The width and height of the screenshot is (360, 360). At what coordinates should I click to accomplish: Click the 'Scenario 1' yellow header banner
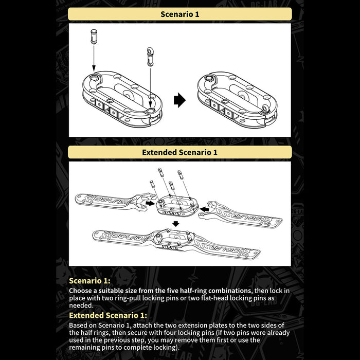pyautogui.click(x=179, y=14)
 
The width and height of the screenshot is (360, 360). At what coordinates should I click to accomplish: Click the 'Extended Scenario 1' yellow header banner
pyautogui.click(x=179, y=152)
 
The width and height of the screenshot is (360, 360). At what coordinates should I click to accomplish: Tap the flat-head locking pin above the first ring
pyautogui.click(x=94, y=37)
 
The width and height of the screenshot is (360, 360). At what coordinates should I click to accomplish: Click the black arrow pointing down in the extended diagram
pyautogui.click(x=176, y=224)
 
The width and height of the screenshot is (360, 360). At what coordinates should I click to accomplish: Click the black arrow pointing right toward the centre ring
pyautogui.click(x=149, y=204)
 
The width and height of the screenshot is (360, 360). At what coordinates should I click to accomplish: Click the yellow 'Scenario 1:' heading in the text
pyautogui.click(x=89, y=281)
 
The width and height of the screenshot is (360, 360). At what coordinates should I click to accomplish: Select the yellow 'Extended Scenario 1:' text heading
pyautogui.click(x=108, y=315)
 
